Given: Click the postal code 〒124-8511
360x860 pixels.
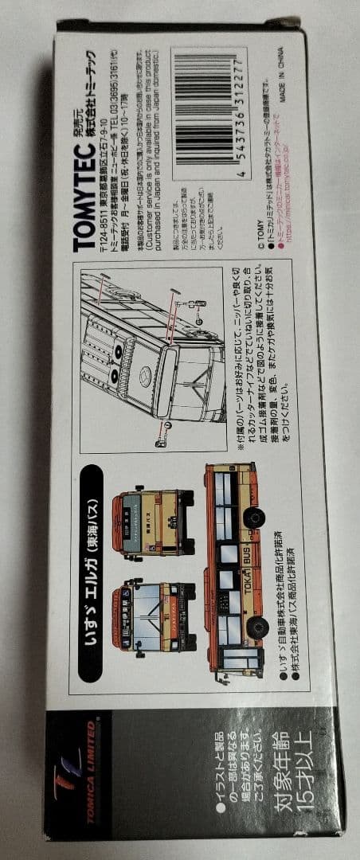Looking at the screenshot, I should point(103,208).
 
